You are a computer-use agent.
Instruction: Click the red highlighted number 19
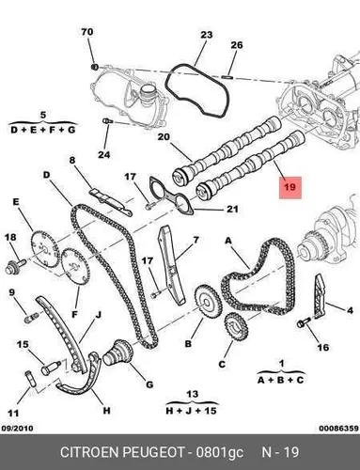[x=290, y=187]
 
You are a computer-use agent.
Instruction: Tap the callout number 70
[x=87, y=32]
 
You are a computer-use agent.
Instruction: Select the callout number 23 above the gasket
[x=207, y=35]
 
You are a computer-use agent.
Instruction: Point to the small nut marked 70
[x=94, y=67]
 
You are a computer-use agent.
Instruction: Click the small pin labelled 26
[x=227, y=75]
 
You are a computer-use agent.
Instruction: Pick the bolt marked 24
[x=107, y=121]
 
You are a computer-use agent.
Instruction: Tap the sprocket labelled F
[x=76, y=267]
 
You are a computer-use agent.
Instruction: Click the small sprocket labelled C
[x=236, y=328]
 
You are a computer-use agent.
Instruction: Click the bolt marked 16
[x=304, y=321]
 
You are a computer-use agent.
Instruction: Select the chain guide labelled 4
[x=320, y=296]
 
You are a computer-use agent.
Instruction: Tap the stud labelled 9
[x=31, y=317]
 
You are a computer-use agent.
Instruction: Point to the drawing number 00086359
[x=338, y=429]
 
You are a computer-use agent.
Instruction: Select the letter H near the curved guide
[x=106, y=411]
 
